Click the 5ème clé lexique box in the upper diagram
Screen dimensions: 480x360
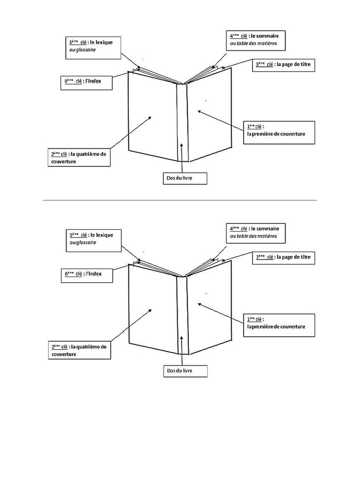tap(91, 46)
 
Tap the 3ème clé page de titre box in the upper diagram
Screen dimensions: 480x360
tap(284, 65)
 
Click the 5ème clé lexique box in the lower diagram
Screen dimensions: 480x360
tap(92, 239)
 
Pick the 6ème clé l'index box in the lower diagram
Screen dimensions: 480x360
tap(87, 275)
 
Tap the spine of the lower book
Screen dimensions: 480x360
tap(181, 314)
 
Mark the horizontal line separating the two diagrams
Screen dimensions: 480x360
tap(180, 200)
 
